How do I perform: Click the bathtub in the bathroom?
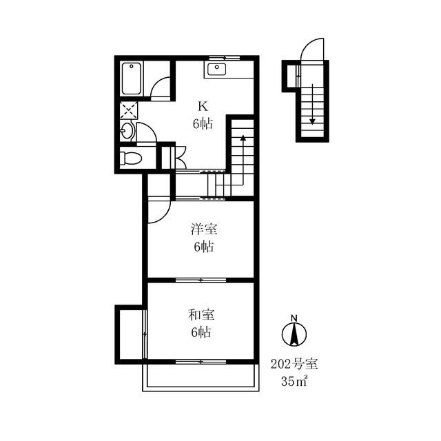[132, 79]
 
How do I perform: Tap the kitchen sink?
[216, 69]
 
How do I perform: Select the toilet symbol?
[130, 158]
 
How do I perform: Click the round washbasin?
[127, 130]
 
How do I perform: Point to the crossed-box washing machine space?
[129, 110]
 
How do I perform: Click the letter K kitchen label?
[203, 107]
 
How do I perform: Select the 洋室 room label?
[204, 229]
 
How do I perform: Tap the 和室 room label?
[201, 315]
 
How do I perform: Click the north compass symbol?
[294, 334]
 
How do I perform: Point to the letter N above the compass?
[294, 318]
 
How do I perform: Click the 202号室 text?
[294, 365]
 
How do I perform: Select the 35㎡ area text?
[294, 381]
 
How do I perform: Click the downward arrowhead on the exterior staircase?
[312, 121]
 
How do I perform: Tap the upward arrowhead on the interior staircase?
[243, 138]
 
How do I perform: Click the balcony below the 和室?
[201, 377]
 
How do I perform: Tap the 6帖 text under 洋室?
[204, 247]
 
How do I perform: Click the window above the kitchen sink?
[225, 58]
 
